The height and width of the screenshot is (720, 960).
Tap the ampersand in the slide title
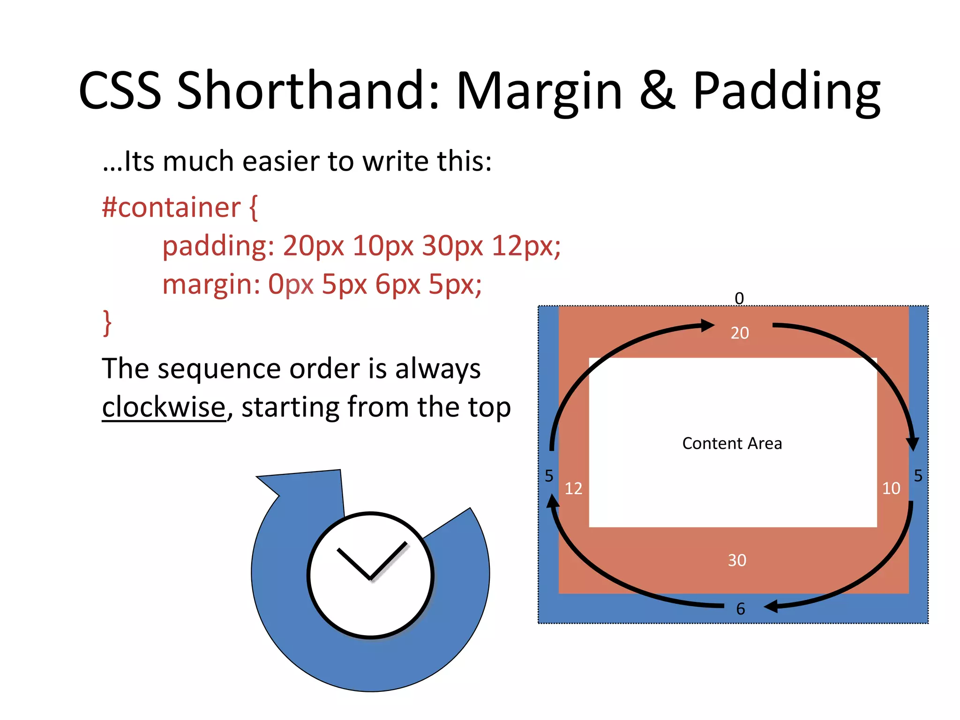coord(657,90)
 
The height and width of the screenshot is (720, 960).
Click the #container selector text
coord(171,207)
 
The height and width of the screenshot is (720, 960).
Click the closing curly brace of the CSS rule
coord(107,322)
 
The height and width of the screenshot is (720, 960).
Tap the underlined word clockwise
coord(164,407)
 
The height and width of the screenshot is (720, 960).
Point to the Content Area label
coord(732,443)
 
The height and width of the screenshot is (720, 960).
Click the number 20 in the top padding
coord(740,333)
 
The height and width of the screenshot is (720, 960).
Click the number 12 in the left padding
coord(573,489)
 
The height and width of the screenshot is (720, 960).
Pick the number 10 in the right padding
coord(891,488)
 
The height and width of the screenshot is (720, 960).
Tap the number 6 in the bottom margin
coord(741,609)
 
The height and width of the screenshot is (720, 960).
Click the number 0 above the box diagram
coord(739,298)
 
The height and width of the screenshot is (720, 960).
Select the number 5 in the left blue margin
coord(549,476)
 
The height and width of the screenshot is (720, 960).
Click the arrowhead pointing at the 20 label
coord(707,325)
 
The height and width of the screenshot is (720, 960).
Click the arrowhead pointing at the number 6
coord(771,607)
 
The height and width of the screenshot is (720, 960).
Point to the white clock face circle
coord(370,575)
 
